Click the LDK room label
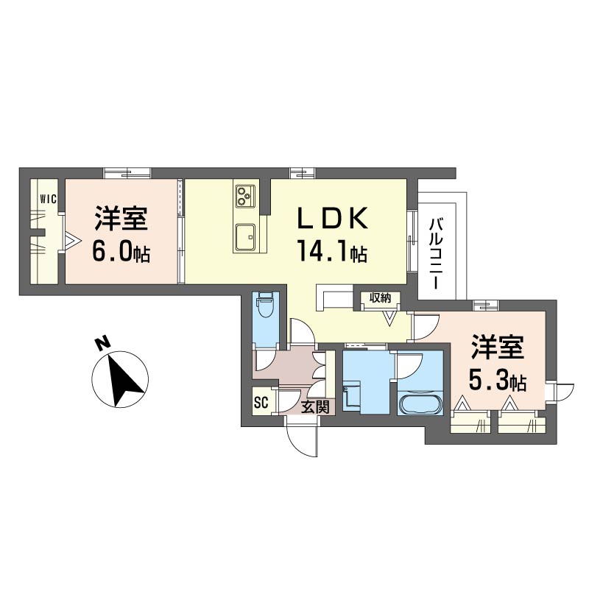333,218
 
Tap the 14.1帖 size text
332,251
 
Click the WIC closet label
49,199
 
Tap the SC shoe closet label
261,403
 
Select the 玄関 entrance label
316,407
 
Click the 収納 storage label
381,298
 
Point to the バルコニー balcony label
436,255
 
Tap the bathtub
420,403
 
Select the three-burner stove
245,196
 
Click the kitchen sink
245,237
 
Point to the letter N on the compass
102,343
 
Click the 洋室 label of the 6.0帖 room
121,218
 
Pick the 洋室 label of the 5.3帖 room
498,348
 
